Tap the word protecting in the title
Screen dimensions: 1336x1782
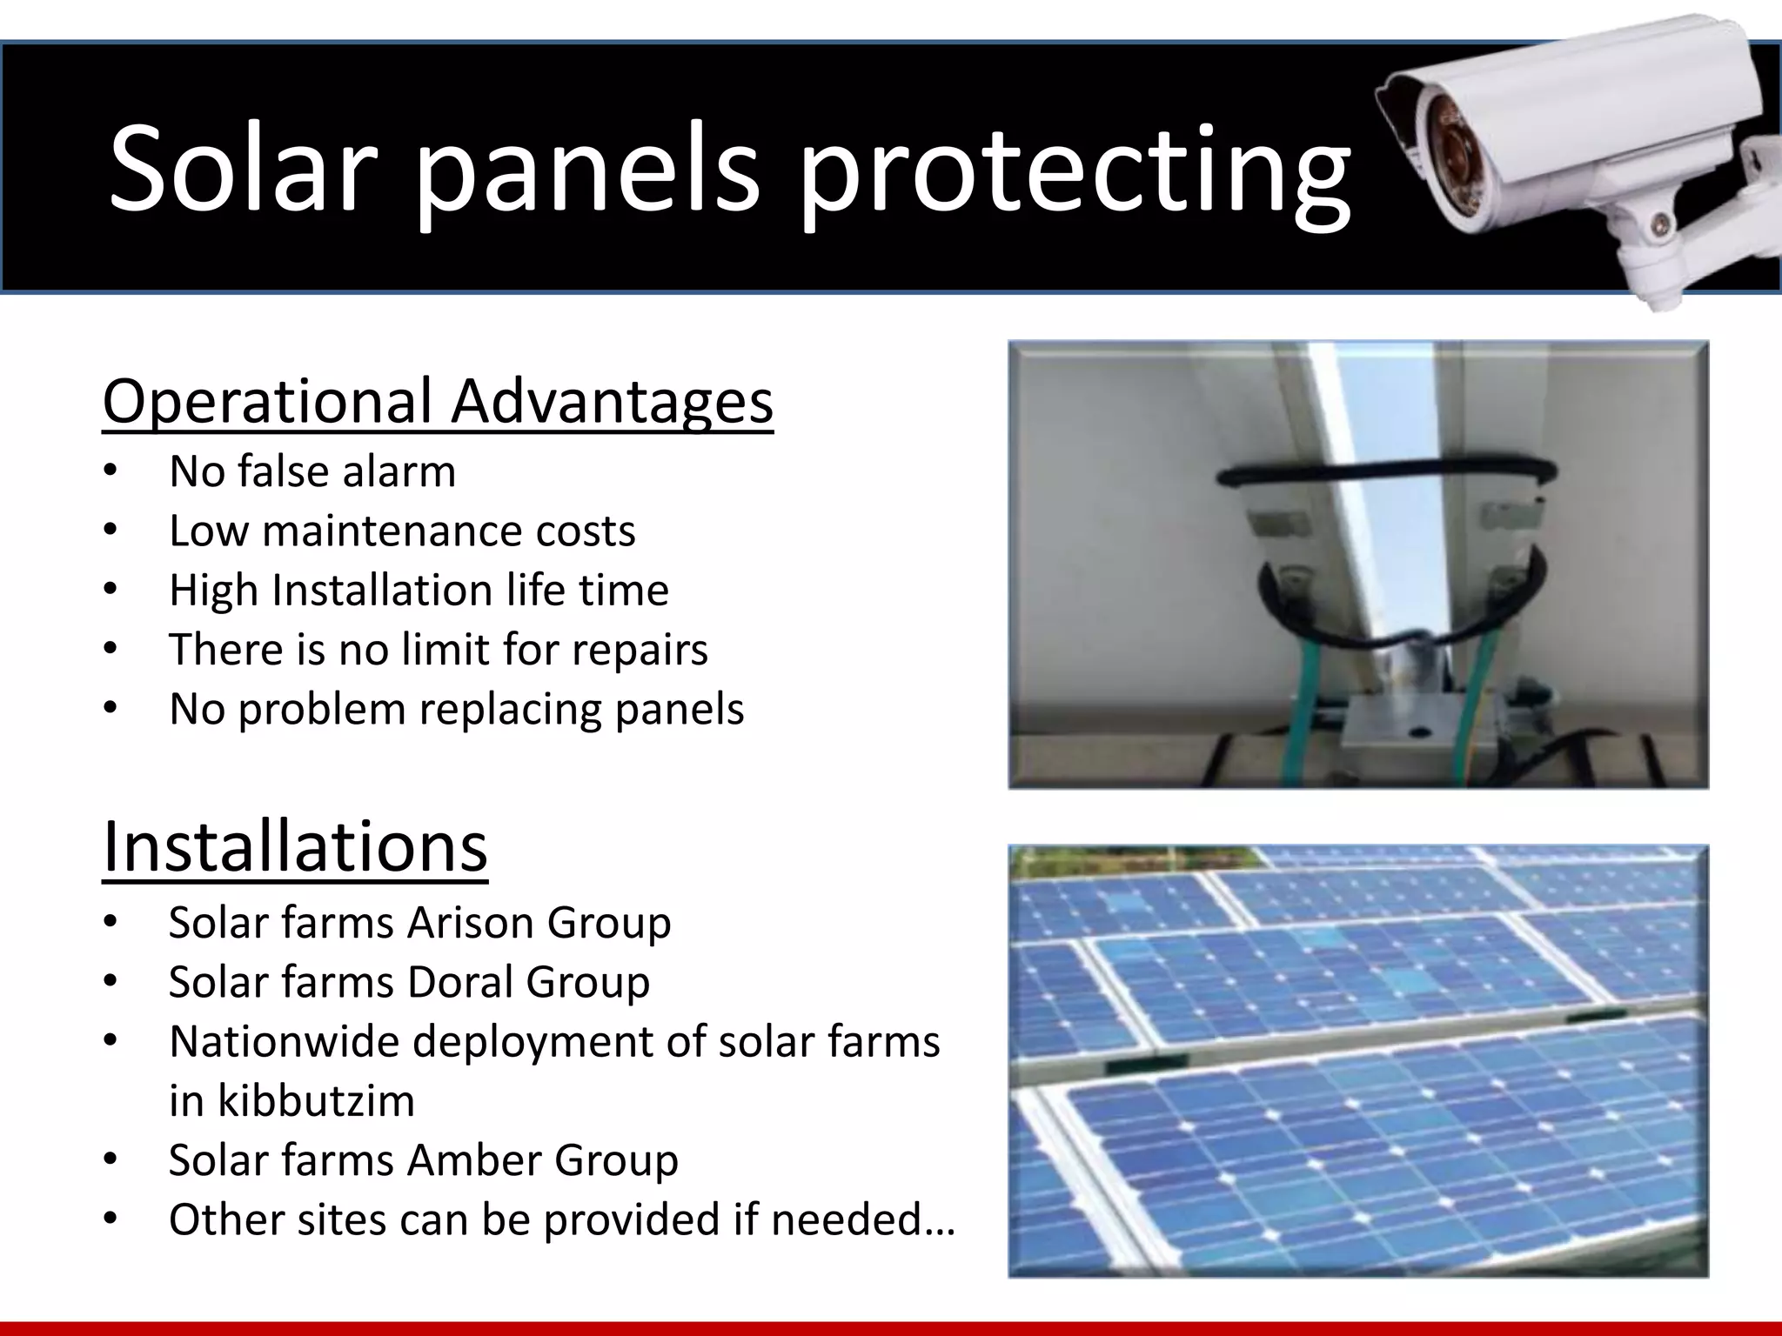click(x=1074, y=174)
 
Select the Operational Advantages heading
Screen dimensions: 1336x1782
click(x=438, y=402)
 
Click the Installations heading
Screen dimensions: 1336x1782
click(x=295, y=847)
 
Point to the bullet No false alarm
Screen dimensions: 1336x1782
click(x=312, y=472)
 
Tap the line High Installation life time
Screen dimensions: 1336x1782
click(x=419, y=591)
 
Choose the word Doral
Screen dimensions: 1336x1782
click(x=459, y=983)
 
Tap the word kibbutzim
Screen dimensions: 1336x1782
click(x=316, y=1101)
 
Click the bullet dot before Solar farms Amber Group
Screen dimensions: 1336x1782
click(x=110, y=1160)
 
